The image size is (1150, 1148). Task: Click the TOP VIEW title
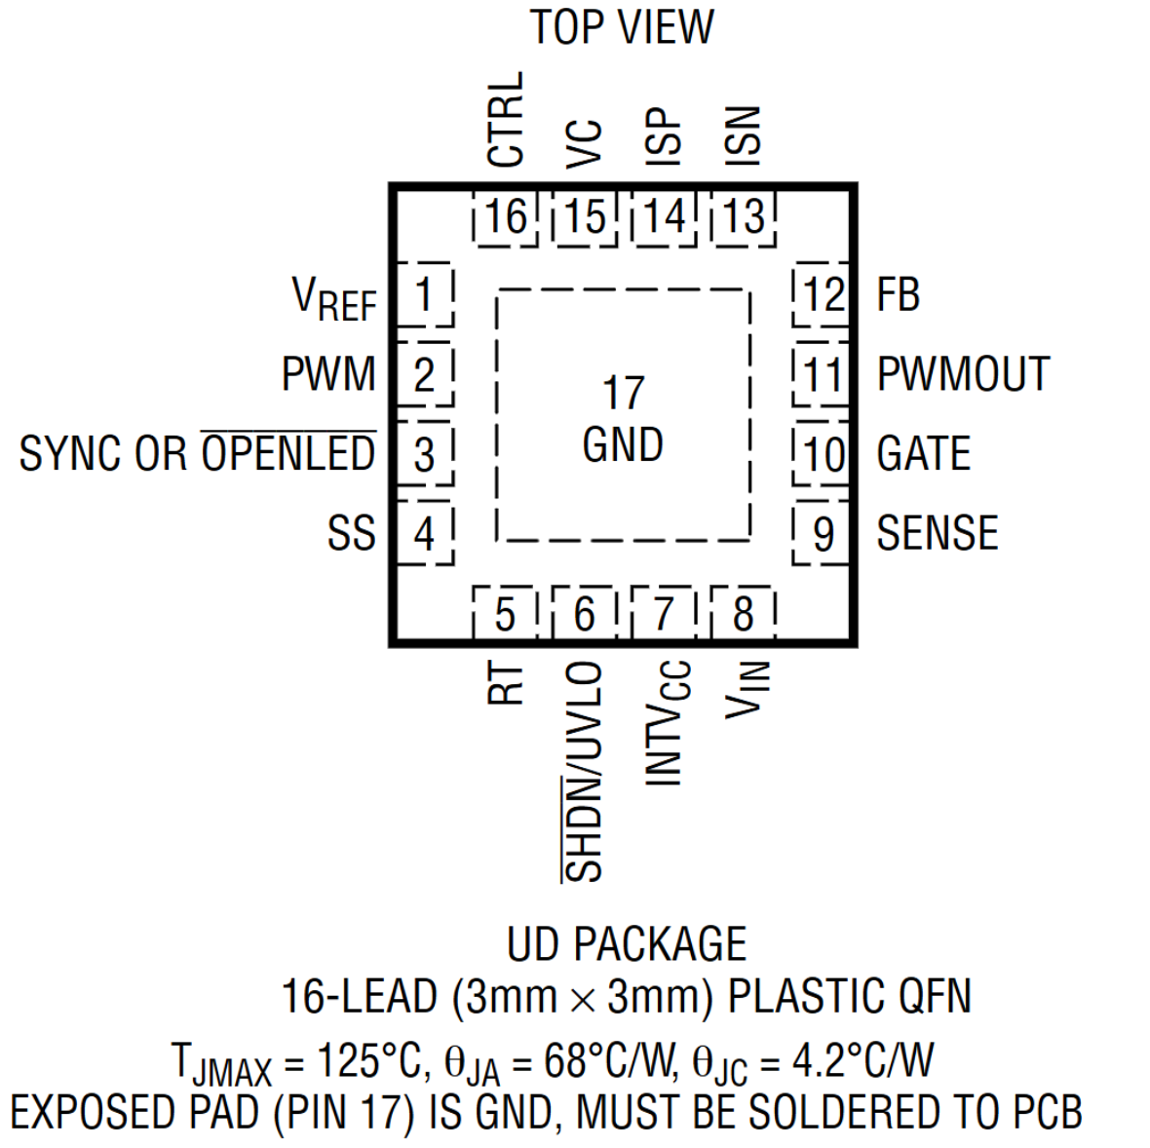click(x=622, y=27)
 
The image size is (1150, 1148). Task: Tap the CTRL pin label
click(x=506, y=119)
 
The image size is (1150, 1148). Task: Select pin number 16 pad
click(x=506, y=216)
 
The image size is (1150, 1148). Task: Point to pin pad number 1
click(x=424, y=294)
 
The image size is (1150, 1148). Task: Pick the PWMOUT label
click(x=963, y=374)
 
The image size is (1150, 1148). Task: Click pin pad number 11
click(x=822, y=374)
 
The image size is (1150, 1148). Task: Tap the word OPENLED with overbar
click(x=288, y=453)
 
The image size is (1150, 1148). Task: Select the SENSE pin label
click(x=937, y=533)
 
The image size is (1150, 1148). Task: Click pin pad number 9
click(x=823, y=533)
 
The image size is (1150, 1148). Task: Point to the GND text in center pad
click(x=623, y=445)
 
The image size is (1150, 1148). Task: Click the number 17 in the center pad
click(x=623, y=393)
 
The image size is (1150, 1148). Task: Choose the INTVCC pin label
click(x=668, y=722)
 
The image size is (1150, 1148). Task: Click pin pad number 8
click(x=744, y=614)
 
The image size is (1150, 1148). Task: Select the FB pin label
click(x=898, y=294)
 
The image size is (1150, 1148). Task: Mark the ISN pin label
click(x=743, y=135)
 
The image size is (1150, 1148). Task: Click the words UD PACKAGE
click(x=626, y=944)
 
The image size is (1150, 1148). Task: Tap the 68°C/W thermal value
click(x=610, y=1061)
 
